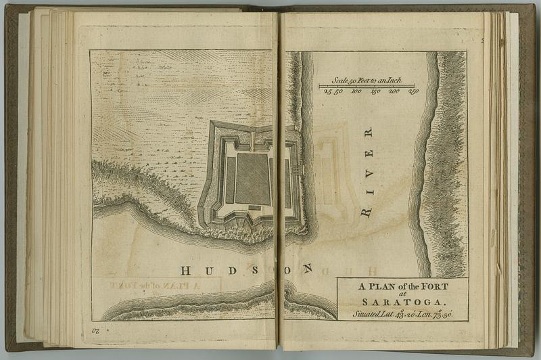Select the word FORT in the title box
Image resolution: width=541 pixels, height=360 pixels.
point(433,286)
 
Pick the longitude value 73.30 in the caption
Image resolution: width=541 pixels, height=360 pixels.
point(442,314)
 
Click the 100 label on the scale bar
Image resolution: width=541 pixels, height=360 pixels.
point(356,91)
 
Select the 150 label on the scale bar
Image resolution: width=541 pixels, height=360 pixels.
point(375,91)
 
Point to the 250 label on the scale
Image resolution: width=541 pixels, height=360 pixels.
point(413,91)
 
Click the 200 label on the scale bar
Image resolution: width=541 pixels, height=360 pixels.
point(394,91)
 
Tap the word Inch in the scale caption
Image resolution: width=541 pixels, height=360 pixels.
point(391,80)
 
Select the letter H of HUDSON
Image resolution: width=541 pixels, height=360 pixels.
point(185,271)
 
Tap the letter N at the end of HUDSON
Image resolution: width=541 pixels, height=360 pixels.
point(308,269)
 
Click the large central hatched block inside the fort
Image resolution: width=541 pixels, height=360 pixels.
point(252,177)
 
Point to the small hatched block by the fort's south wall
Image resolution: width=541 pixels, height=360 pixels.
point(254,207)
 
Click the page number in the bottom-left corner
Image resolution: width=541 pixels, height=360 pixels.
point(95,332)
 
